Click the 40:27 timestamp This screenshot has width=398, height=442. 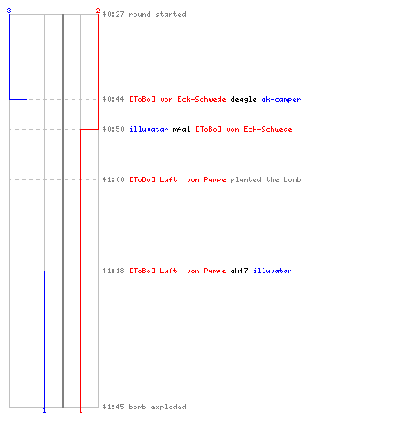tap(113, 14)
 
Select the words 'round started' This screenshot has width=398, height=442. tap(157, 14)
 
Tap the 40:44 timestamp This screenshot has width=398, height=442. tap(113, 99)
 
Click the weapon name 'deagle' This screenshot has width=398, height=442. tap(243, 99)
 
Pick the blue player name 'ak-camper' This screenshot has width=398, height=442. tap(281, 99)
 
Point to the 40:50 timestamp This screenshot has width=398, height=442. tap(113, 129)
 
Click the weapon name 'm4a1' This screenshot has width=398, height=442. tap(181, 129)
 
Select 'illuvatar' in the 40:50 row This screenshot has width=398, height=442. tap(149, 129)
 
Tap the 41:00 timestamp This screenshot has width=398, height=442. tap(113, 179)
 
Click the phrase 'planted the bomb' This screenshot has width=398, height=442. tap(265, 179)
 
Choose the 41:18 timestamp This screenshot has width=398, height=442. tap(113, 271)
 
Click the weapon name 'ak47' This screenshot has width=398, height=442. tap(239, 271)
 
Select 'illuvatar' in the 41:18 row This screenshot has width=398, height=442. tap(272, 271)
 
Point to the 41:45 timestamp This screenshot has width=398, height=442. tap(113, 407)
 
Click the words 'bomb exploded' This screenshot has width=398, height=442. tap(157, 407)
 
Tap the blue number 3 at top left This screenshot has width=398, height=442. tap(9, 11)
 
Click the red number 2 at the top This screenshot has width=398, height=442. tap(98, 11)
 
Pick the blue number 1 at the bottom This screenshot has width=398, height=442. tap(44, 410)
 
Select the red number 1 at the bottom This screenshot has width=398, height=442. tap(80, 410)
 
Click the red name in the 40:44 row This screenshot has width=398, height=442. tap(178, 99)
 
